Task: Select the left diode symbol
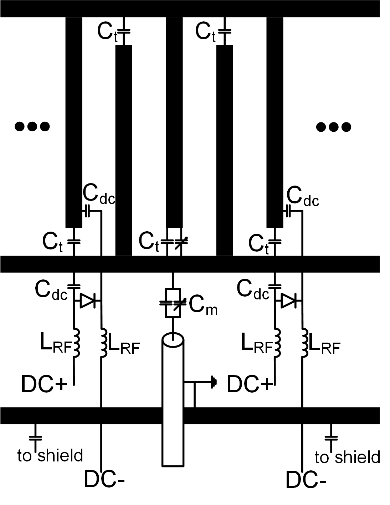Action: (x=87, y=301)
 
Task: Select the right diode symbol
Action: (x=288, y=301)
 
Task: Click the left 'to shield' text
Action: (x=50, y=455)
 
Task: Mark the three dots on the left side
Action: (x=32, y=126)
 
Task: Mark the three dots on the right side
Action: (x=334, y=127)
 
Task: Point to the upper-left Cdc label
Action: (x=99, y=196)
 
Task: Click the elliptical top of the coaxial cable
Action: (x=173, y=340)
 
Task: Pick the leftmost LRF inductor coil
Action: (x=76, y=342)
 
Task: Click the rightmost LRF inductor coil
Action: (x=305, y=342)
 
